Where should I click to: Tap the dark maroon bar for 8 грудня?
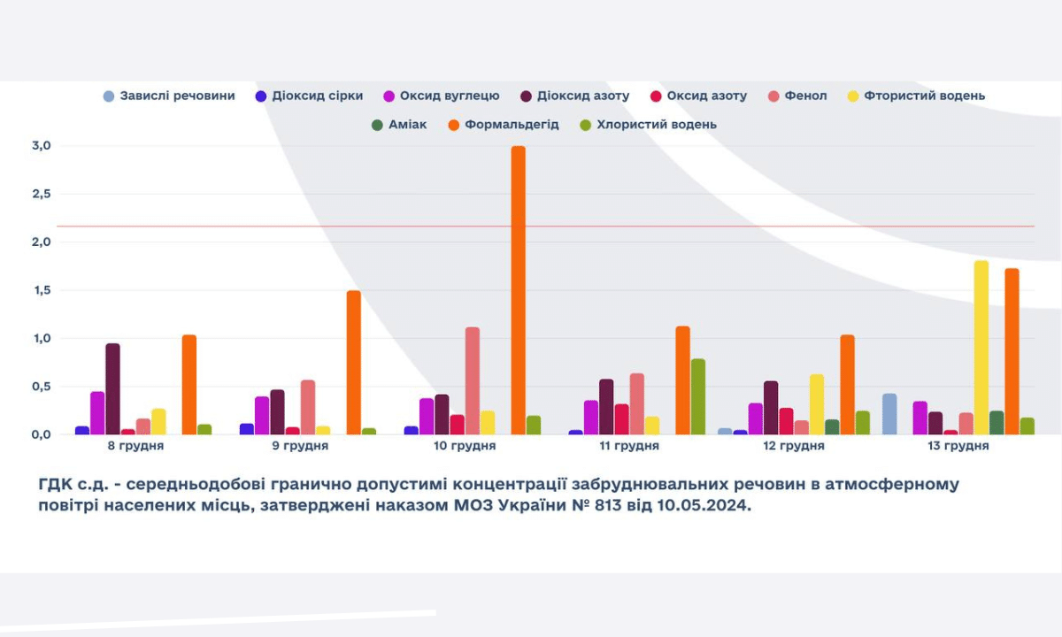click(112, 389)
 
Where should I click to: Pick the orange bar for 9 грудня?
click(353, 363)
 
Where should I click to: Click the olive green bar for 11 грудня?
click(698, 396)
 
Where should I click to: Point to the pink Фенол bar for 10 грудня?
click(473, 381)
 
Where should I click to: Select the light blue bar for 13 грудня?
click(889, 414)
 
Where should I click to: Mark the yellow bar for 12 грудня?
click(817, 404)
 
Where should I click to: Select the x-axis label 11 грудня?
click(629, 446)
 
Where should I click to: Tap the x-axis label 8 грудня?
click(135, 446)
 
